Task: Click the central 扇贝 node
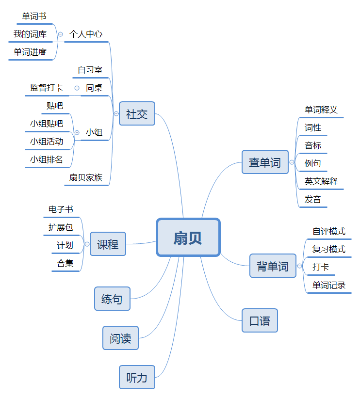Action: [x=188, y=237]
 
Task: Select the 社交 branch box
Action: [x=137, y=114]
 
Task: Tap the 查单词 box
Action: [x=264, y=162]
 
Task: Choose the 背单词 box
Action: [x=273, y=266]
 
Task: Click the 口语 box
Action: [x=260, y=320]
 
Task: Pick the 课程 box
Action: [x=108, y=244]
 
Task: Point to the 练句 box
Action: [x=112, y=299]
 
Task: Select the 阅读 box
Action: [x=120, y=338]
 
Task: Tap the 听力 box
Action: [x=137, y=377]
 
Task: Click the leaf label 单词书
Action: [x=34, y=16]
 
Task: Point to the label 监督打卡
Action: [x=47, y=88]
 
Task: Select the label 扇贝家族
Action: [x=86, y=177]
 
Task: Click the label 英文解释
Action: [x=321, y=181]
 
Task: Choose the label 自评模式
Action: [x=329, y=231]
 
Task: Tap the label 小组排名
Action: [x=47, y=159]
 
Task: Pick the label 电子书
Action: [x=61, y=209]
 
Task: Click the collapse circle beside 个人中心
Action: [x=60, y=34]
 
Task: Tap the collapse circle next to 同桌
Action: [x=77, y=88]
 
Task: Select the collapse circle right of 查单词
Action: [x=292, y=162]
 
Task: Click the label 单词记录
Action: [x=329, y=285]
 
